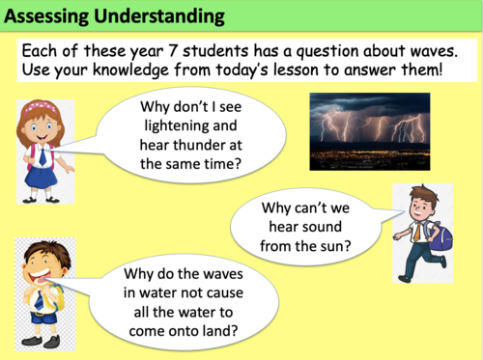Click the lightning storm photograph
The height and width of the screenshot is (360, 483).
click(x=369, y=130)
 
